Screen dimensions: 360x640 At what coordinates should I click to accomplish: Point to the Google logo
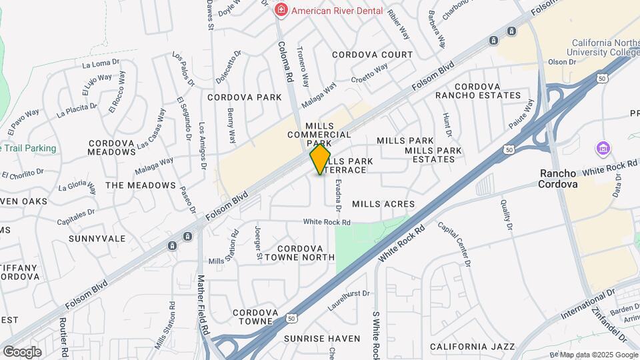click(22, 351)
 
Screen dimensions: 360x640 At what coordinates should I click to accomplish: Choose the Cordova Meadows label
click(111, 147)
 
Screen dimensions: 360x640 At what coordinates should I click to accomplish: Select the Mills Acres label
click(383, 204)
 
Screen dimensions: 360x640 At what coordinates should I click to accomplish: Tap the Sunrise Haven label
click(322, 339)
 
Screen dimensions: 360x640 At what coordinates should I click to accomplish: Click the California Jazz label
click(472, 347)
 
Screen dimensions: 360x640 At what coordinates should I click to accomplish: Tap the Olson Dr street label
click(561, 62)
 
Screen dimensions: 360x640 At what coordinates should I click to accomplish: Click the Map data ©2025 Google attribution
click(597, 354)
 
